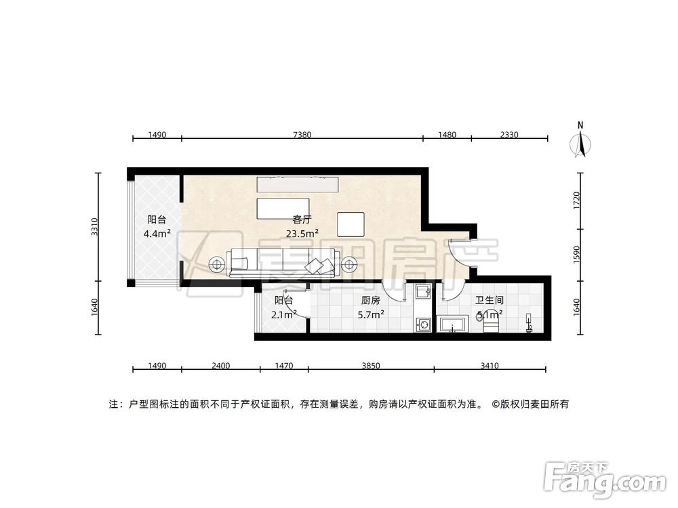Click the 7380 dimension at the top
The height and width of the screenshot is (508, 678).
coord(302,135)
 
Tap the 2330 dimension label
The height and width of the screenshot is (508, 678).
coord(509,135)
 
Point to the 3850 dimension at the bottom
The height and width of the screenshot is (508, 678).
coord(371,366)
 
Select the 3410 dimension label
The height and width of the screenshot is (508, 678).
coord(490,366)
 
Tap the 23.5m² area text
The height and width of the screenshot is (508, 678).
coord(302,234)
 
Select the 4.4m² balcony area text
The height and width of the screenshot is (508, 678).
coord(157,234)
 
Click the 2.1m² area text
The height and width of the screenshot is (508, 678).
coord(284,314)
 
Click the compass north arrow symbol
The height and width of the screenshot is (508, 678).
coord(581,142)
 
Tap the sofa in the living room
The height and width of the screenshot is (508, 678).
coord(283,263)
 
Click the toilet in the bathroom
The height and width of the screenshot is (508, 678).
coord(530,324)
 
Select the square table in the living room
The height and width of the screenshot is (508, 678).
coord(351,224)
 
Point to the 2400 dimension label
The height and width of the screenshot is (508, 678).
coord(221,366)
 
